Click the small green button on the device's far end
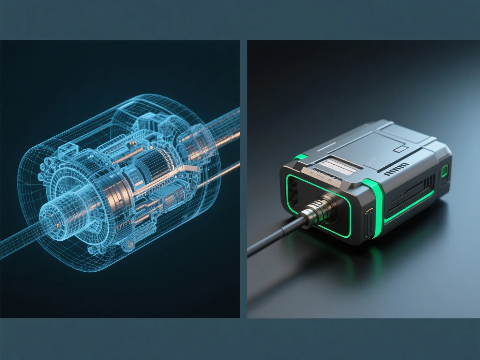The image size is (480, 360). [x=444, y=172]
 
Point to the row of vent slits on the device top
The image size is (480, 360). [x=396, y=170]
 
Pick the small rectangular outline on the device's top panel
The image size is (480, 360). [x=401, y=149]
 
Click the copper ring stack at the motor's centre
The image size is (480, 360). [x=111, y=189]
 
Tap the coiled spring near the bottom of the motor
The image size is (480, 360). [x=143, y=233]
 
